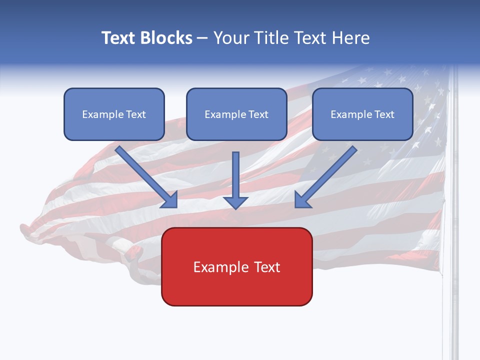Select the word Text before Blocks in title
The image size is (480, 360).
coord(120,38)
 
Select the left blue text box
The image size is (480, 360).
coord(114,114)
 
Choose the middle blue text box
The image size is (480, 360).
coord(236,114)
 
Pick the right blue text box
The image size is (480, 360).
coord(362,114)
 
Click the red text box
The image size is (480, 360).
coord(236,266)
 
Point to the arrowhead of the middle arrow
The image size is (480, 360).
coord(235,202)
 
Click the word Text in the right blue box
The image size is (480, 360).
coord(384,114)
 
